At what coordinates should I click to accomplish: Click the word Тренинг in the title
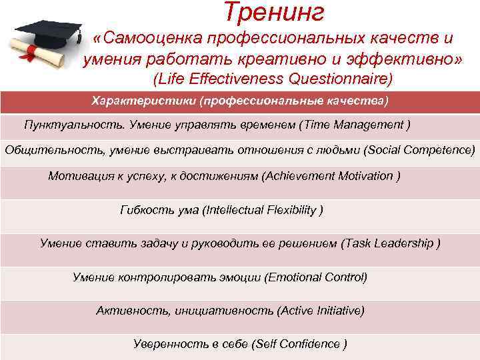point(274,12)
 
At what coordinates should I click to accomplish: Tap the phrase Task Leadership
point(389,243)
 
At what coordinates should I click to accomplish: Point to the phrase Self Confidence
point(299,344)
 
